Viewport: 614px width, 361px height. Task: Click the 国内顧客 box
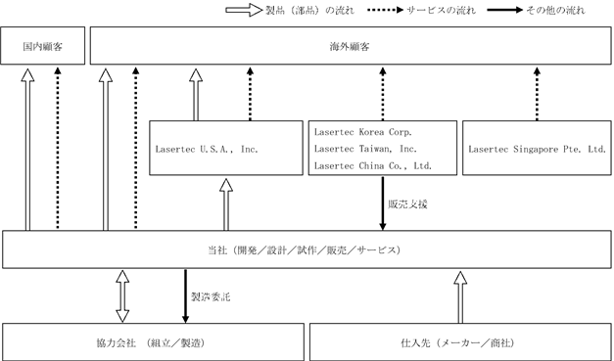[x=43, y=46]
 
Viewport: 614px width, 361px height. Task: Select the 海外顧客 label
[x=350, y=47]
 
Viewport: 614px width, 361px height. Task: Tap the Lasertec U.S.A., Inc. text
[x=207, y=149]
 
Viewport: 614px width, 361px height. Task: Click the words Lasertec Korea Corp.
[x=363, y=132]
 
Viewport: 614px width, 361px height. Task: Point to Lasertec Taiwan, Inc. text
[x=365, y=149]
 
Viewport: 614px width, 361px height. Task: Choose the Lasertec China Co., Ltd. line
[x=373, y=166]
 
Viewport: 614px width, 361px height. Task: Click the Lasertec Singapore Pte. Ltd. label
[x=538, y=149]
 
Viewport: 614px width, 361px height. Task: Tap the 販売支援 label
[x=407, y=204]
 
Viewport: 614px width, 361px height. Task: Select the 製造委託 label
[x=211, y=297]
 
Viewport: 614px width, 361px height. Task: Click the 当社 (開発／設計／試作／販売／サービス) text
[x=305, y=250]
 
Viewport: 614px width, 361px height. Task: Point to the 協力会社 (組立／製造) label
[x=151, y=343]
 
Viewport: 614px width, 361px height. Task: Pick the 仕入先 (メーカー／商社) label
[x=457, y=343]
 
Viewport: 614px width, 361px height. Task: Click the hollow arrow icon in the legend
[x=244, y=10]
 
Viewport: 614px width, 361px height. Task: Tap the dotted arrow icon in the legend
[x=385, y=10]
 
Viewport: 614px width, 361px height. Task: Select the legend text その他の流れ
[x=555, y=10]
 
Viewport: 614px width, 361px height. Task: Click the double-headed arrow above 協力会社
[x=122, y=296]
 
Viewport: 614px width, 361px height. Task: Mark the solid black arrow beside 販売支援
[x=383, y=203]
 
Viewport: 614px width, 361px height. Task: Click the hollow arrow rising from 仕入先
[x=460, y=297]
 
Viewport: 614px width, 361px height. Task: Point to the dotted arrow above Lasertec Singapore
[x=537, y=94]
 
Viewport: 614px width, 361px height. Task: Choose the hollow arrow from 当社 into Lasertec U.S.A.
[x=226, y=204]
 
